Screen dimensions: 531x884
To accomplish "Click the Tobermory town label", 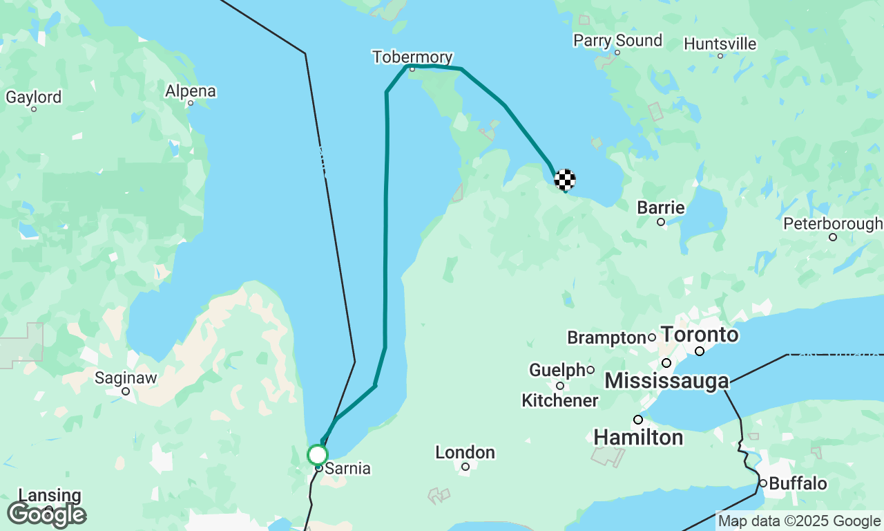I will (412, 57).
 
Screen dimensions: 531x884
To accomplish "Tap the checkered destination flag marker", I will (565, 179).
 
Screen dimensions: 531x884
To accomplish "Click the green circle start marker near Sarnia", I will (317, 455).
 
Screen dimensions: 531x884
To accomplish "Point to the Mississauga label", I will (666, 381).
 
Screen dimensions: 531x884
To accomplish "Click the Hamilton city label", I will (638, 437).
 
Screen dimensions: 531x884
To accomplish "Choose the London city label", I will (465, 453).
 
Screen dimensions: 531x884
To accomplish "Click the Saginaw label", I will (126, 378).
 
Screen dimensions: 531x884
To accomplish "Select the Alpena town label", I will (190, 91).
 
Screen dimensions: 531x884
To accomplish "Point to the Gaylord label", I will (33, 97).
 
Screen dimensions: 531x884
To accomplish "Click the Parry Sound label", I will (617, 41).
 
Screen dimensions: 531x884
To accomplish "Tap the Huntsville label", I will (720, 44).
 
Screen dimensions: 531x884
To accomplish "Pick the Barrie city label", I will (661, 208).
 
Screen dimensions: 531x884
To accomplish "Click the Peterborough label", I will (832, 224).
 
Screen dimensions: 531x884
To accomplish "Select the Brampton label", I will (606, 337).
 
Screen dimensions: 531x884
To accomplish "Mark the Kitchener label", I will (559, 400).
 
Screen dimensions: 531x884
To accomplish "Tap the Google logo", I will (46, 514).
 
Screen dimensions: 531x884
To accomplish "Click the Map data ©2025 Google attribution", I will (799, 521).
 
